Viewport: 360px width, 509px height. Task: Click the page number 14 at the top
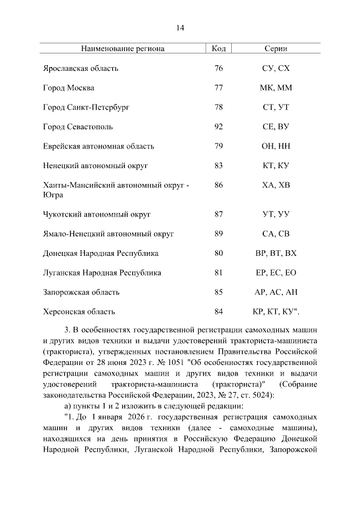[180, 28]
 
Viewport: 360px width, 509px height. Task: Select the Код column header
[219, 48]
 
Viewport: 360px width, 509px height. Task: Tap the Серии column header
[276, 48]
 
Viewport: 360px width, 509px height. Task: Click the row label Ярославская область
[81, 69]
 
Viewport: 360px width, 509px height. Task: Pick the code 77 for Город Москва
[219, 88]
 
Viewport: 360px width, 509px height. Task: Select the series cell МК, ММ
[276, 88]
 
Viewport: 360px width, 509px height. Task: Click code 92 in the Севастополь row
[219, 127]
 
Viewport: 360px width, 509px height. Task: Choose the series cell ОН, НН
[276, 146]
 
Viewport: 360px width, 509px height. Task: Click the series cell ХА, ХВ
[276, 185]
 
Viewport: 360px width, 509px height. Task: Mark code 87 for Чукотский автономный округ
[219, 214]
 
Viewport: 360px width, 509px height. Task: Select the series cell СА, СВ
[276, 233]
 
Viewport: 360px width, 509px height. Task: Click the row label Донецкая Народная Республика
[101, 253]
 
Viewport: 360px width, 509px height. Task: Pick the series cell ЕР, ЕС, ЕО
[276, 273]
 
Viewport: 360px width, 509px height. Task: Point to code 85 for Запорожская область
[219, 292]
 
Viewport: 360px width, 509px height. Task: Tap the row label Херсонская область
[79, 312]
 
